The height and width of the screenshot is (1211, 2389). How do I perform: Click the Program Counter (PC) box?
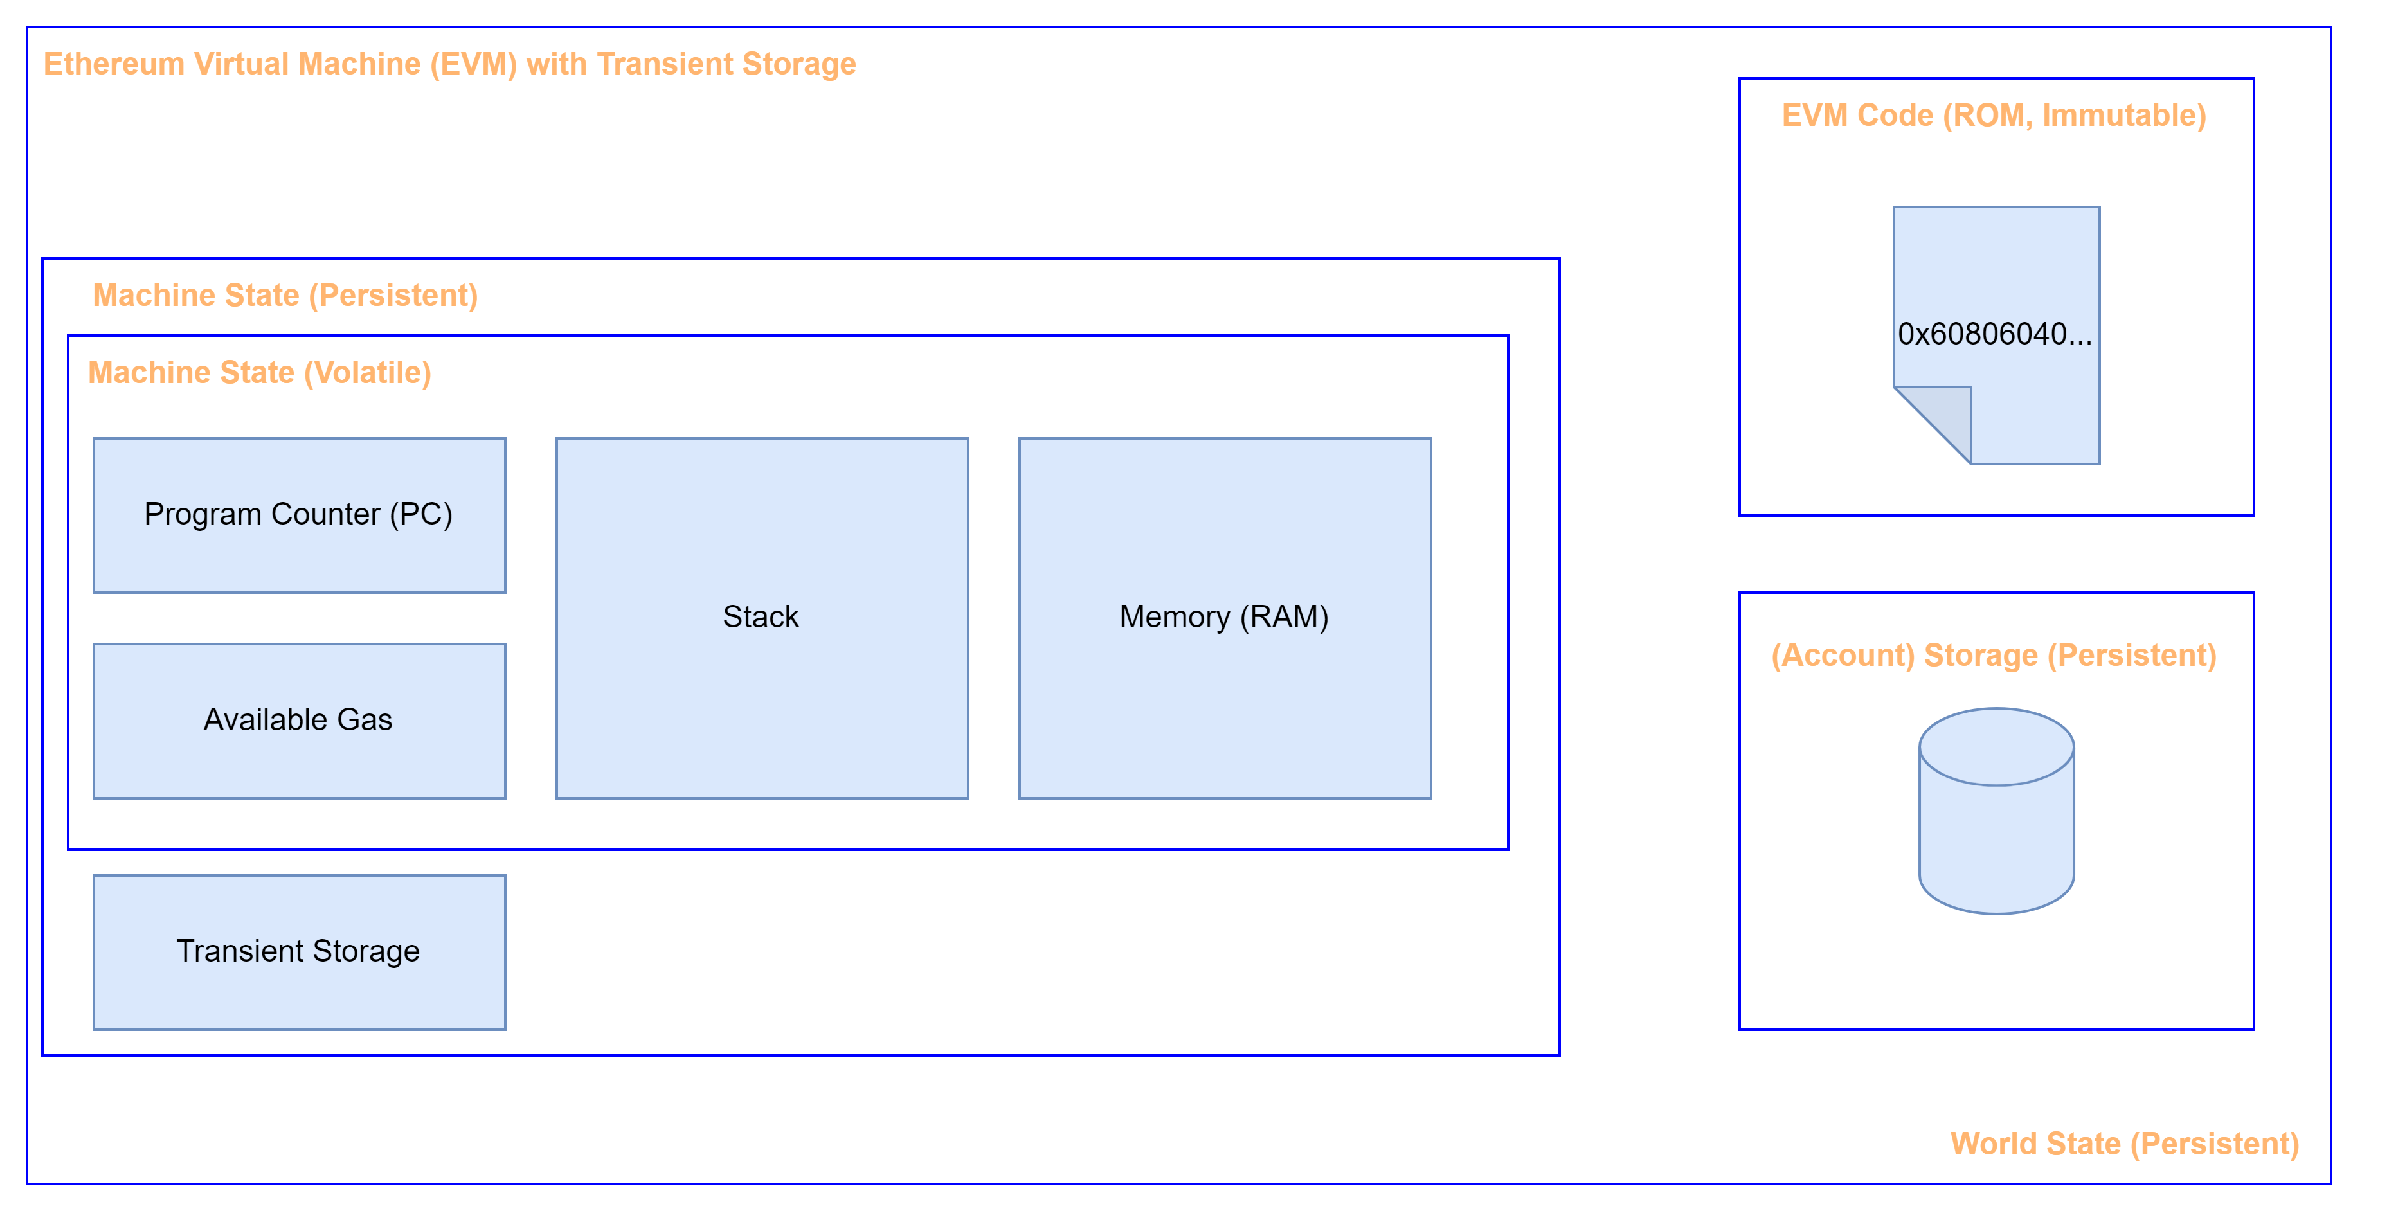298,515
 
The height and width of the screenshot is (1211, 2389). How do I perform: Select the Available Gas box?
298,721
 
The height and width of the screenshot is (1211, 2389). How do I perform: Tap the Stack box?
761,618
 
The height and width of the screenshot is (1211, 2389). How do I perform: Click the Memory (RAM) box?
1224,618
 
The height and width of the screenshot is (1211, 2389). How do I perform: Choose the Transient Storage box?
298,951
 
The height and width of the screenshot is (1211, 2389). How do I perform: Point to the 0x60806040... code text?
1994,334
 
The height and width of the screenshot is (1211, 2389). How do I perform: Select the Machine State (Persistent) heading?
285,296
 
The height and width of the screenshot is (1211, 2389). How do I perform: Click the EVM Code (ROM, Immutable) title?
1993,116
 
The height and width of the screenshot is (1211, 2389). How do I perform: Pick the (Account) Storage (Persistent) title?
1993,656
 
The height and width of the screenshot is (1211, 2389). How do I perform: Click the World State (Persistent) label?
2123,1144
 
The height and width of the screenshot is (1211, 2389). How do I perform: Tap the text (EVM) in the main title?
473,64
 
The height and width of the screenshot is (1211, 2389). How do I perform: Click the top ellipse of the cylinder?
1996,746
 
